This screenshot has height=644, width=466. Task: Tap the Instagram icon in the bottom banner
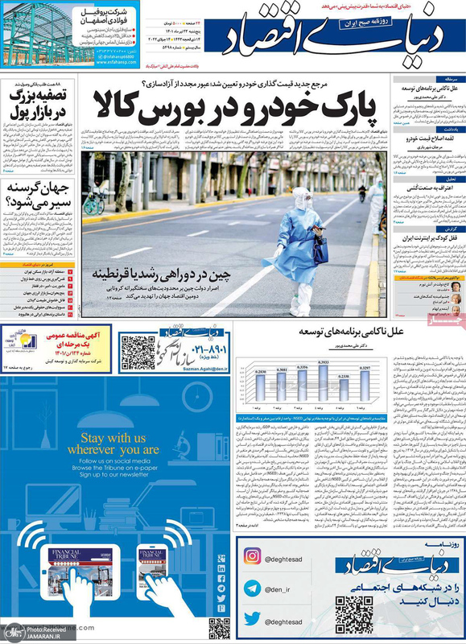[252, 555]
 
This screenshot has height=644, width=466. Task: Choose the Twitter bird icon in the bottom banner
[252, 619]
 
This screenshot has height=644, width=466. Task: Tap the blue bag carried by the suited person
[320, 249]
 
